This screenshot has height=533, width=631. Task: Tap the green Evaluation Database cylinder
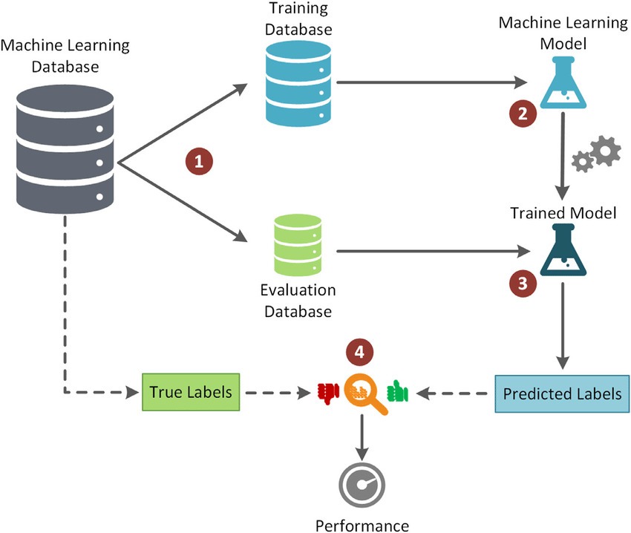(298, 244)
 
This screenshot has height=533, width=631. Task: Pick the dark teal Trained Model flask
(563, 252)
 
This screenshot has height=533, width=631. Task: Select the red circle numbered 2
(522, 114)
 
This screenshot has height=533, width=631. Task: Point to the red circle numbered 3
(523, 282)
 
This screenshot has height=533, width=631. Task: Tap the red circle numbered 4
(360, 355)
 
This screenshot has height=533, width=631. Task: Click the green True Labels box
(192, 391)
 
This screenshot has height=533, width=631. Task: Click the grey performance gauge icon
(362, 485)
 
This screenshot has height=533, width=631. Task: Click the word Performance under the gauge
(362, 526)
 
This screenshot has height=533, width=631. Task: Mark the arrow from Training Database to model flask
(430, 82)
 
